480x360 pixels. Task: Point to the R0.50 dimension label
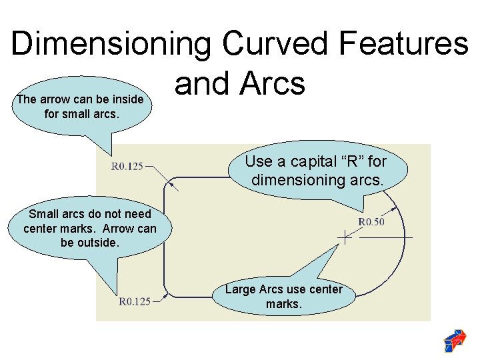tap(371, 221)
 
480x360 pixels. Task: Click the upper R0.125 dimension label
tap(127, 166)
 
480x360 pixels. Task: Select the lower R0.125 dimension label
tap(134, 301)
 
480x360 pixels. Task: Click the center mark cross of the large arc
tap(345, 237)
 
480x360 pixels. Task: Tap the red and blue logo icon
tap(455, 341)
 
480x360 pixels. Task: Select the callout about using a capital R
tap(315, 171)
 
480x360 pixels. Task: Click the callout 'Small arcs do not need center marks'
tap(90, 229)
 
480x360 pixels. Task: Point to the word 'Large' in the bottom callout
tap(240, 289)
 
